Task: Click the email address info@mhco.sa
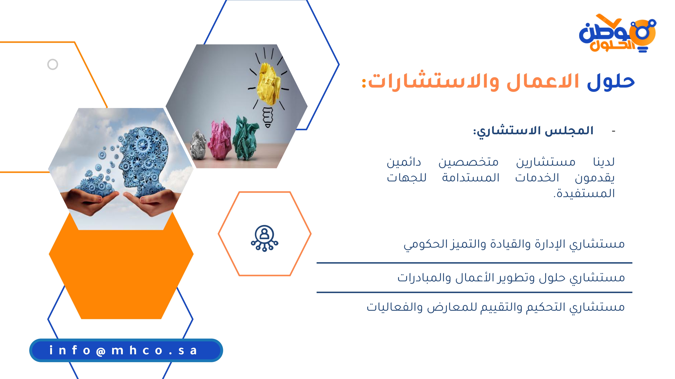click(123, 350)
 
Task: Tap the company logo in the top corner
click(617, 33)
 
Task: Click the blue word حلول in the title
click(611, 81)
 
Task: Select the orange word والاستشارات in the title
click(434, 81)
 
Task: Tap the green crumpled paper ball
click(245, 138)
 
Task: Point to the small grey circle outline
click(53, 64)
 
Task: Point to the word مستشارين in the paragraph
click(546, 162)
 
